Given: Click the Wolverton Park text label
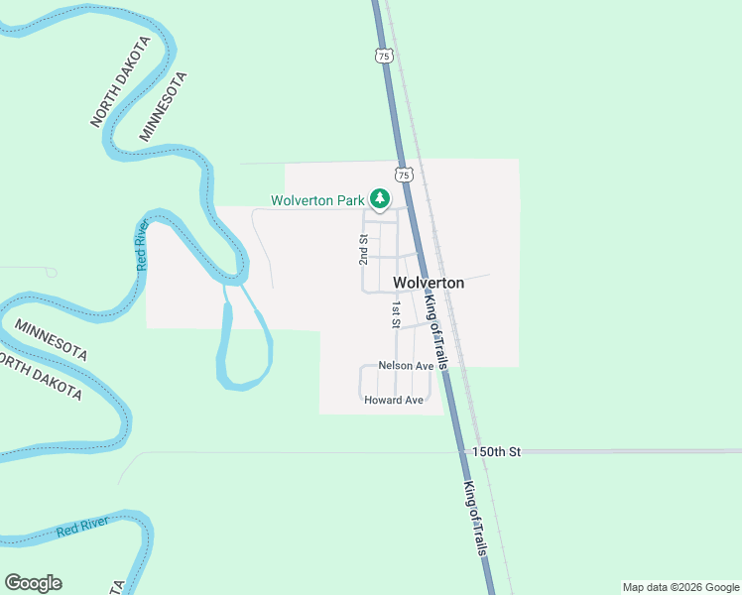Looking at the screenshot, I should click(x=318, y=200).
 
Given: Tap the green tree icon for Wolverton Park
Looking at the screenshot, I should click(x=380, y=198).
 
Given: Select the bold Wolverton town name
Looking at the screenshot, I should click(x=429, y=283).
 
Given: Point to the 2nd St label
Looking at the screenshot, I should click(x=364, y=250).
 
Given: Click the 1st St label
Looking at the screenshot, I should click(x=395, y=314).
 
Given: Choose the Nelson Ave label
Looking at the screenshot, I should click(x=406, y=366).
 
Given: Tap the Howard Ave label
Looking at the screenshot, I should click(x=394, y=400).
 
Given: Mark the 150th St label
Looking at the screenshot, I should click(x=496, y=451).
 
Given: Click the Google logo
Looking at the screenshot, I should click(x=33, y=583).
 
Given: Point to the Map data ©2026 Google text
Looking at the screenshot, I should click(x=680, y=587).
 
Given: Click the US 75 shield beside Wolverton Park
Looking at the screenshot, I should click(x=402, y=175).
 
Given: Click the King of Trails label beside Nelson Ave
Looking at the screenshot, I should click(x=436, y=332).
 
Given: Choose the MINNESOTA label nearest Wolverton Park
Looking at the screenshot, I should click(x=162, y=105).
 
